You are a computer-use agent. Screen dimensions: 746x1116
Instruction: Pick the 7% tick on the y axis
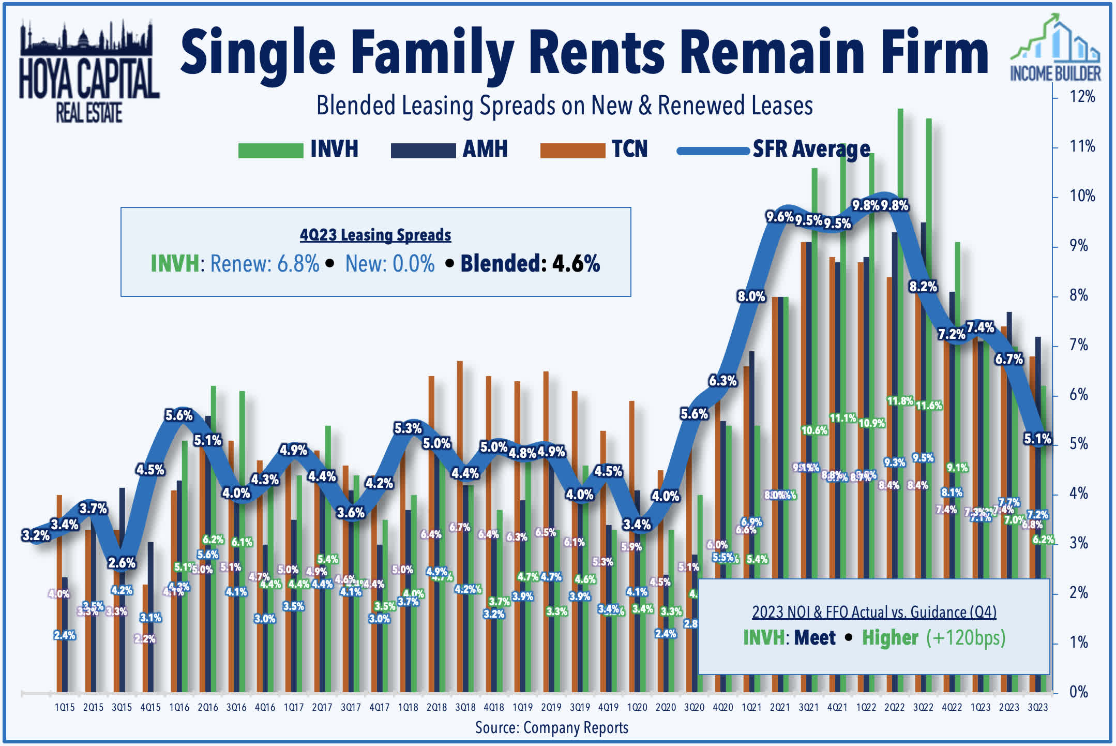(1079, 345)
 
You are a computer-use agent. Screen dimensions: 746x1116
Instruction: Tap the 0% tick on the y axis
(1079, 692)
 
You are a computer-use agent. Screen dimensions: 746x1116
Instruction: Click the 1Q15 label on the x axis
(65, 707)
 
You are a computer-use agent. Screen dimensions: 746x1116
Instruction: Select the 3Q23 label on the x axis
(1037, 707)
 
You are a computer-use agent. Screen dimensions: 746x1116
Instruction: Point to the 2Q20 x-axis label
(666, 707)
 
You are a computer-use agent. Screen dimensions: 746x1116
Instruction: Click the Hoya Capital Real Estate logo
(89, 72)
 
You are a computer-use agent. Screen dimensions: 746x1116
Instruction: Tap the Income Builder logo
(1055, 49)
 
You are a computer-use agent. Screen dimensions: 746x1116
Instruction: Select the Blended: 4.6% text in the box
(530, 264)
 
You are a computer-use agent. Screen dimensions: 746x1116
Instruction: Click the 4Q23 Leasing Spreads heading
(375, 235)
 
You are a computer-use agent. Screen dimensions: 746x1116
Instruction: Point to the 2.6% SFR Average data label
(122, 563)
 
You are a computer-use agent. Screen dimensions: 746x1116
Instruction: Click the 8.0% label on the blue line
(751, 296)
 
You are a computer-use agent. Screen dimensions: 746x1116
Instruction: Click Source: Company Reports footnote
(552, 728)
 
